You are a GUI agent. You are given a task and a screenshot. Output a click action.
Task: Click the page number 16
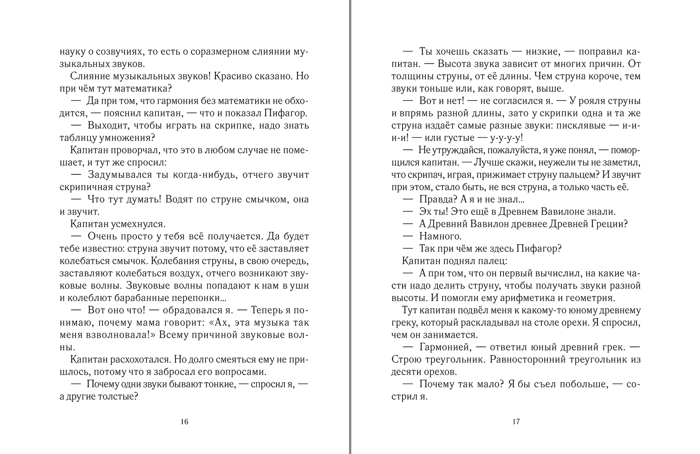tap(184, 422)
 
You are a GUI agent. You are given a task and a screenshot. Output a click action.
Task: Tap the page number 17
tap(516, 422)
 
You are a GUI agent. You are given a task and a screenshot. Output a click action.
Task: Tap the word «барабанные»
tap(140, 298)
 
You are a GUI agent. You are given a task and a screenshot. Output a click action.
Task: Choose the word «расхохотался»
tap(140, 360)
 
